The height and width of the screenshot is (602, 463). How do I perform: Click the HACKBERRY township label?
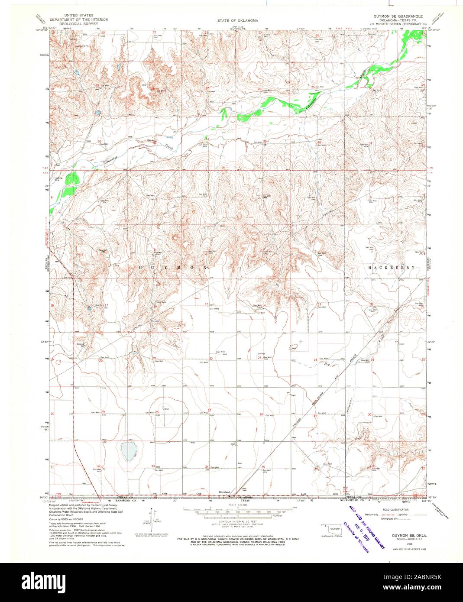click(392, 268)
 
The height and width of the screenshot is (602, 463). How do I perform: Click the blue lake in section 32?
click(127, 451)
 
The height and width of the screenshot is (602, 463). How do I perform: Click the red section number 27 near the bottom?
click(209, 410)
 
